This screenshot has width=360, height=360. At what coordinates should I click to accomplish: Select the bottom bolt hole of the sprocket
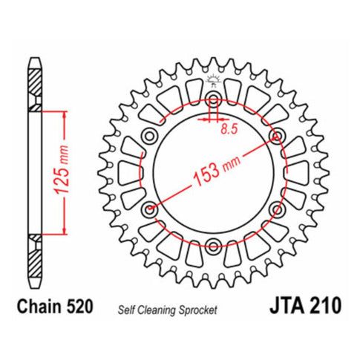[x=213, y=244]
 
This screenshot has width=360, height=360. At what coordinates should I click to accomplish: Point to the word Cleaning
[x=156, y=309]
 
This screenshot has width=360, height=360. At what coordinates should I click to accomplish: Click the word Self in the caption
[x=125, y=309]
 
